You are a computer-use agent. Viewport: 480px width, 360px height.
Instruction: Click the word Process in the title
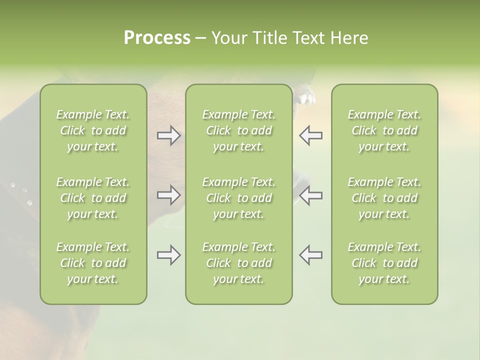[157, 38]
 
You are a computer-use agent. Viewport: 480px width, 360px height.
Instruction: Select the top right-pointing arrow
[169, 135]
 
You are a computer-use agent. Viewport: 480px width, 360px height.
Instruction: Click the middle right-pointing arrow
[169, 195]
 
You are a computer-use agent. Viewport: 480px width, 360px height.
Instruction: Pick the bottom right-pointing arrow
[169, 255]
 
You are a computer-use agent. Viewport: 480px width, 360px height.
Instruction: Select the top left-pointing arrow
[311, 135]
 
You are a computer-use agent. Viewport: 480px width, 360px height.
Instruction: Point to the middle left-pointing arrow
[311, 195]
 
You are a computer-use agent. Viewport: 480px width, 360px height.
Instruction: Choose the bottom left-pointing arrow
[311, 255]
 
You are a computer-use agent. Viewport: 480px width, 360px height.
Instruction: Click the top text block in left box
[93, 130]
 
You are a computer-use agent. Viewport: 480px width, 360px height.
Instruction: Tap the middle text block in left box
[93, 198]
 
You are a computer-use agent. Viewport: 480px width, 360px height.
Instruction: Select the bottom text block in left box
[93, 263]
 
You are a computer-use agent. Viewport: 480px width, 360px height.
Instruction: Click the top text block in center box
[239, 130]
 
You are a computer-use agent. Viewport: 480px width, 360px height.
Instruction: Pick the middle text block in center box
[239, 198]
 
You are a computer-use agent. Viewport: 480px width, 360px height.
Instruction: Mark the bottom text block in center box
[239, 263]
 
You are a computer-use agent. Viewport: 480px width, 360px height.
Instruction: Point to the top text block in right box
[384, 130]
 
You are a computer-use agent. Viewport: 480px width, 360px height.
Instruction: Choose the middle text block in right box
[384, 198]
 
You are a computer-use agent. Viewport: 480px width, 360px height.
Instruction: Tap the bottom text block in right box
[384, 263]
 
